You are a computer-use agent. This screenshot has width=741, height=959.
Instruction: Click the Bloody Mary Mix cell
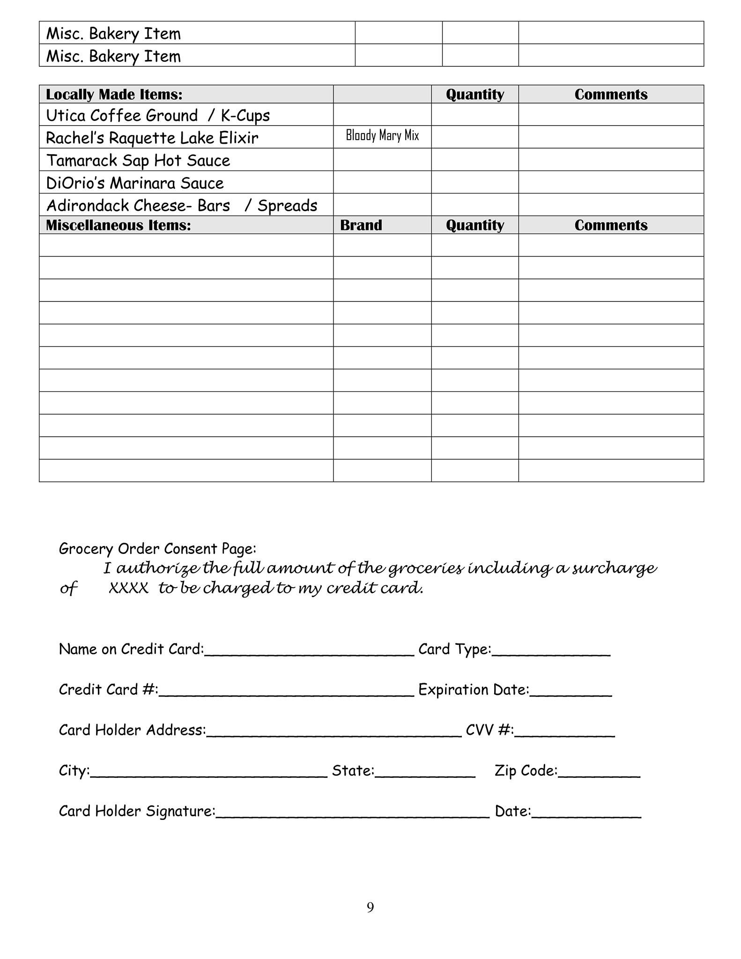tap(382, 136)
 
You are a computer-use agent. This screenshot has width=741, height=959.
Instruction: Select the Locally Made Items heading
tap(114, 95)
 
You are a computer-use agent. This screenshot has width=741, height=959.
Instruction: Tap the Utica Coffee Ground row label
tap(158, 115)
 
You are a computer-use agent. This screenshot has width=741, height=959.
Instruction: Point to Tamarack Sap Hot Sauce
tap(138, 161)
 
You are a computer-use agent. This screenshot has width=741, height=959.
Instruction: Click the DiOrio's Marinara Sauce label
tap(135, 183)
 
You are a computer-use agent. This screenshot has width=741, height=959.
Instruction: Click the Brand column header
tap(361, 225)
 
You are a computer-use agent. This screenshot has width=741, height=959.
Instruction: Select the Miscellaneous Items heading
tap(118, 225)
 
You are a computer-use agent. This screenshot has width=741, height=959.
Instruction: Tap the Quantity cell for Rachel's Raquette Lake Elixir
tap(474, 137)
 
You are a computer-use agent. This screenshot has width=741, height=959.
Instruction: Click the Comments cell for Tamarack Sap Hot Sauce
tap(611, 160)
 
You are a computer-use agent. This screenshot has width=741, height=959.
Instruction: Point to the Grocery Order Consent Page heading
tap(157, 549)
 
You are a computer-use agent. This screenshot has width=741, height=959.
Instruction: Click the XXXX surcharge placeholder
tap(128, 588)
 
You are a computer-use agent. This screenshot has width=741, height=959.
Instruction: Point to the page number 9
tap(370, 907)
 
